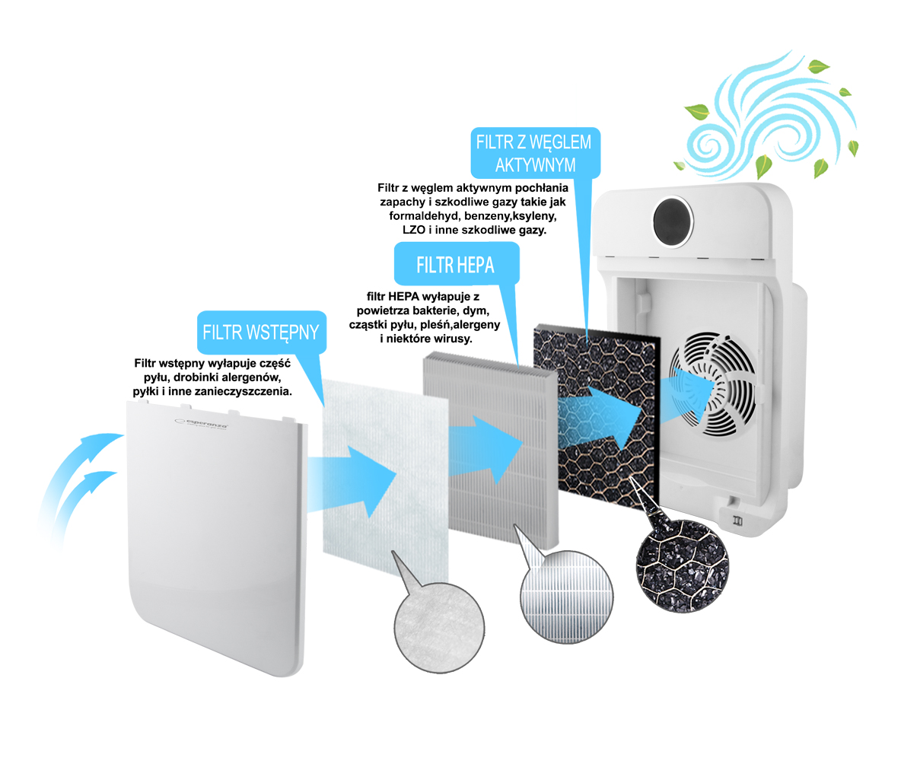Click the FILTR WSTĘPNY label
(x=262, y=333)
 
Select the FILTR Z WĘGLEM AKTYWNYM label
(x=535, y=154)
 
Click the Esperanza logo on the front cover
(x=201, y=424)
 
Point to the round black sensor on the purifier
(x=673, y=222)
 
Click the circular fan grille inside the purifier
(x=713, y=384)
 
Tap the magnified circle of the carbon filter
(x=683, y=567)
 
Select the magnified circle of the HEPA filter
(x=567, y=597)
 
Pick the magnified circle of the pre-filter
(x=439, y=627)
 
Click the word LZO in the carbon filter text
(x=414, y=230)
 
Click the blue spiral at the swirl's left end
(x=704, y=145)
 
